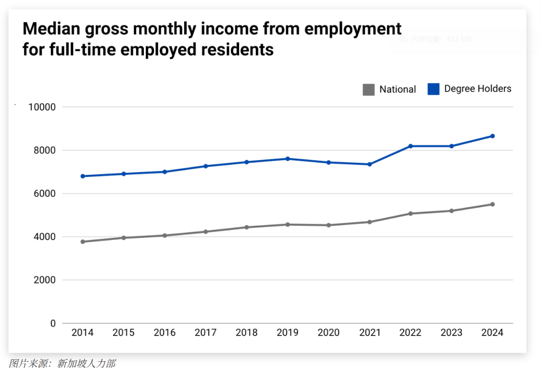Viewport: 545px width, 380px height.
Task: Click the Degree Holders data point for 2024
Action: tap(493, 136)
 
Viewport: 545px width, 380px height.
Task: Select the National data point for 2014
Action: tap(82, 242)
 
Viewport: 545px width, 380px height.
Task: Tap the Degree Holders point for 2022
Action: tap(410, 146)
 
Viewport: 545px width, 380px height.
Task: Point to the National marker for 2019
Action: tap(288, 224)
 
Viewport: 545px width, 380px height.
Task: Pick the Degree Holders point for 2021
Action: tap(369, 164)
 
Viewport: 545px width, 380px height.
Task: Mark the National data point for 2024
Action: tap(493, 204)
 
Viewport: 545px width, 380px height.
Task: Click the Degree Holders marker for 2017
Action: tap(205, 166)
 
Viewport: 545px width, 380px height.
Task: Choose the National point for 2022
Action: tap(410, 213)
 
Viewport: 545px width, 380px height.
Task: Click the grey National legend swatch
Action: tap(368, 90)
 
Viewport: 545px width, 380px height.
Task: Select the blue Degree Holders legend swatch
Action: tap(433, 89)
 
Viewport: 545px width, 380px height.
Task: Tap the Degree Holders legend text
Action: tap(477, 89)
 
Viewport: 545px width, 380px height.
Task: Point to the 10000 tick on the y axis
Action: tap(42, 107)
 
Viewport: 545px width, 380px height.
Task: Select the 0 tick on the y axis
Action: tap(52, 323)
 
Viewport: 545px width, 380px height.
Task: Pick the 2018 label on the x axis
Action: tap(247, 333)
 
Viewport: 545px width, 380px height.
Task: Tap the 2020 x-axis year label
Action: tap(329, 333)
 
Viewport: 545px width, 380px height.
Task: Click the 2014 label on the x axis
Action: tap(82, 333)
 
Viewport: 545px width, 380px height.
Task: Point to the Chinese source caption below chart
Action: tap(62, 363)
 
